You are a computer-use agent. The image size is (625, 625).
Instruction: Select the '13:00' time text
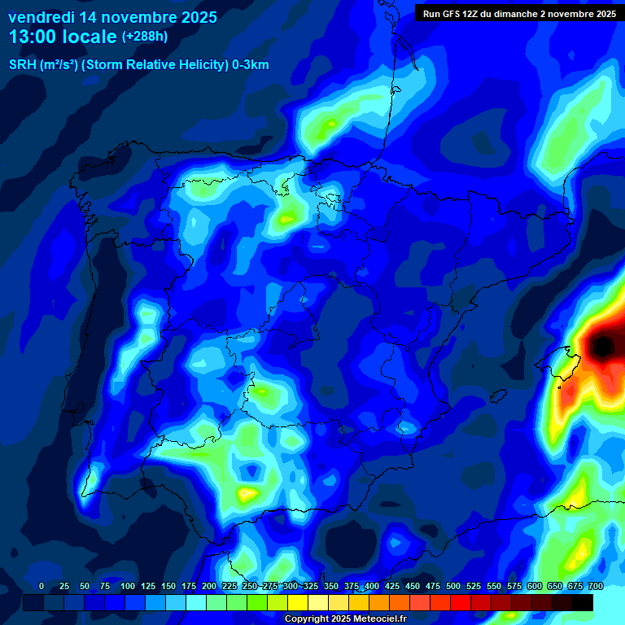point(33,37)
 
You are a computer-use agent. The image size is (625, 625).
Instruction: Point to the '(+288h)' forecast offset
point(145,37)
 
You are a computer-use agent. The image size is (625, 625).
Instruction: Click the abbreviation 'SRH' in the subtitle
point(22,65)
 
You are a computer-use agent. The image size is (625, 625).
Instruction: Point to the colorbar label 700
point(595,587)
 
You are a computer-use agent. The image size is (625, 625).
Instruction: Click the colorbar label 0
point(42,587)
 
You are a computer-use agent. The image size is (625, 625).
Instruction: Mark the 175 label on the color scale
point(189,587)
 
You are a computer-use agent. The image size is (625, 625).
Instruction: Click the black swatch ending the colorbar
point(583,603)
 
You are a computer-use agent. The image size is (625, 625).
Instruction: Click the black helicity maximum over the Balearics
point(602,347)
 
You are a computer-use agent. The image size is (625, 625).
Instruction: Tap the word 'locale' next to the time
point(89,37)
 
